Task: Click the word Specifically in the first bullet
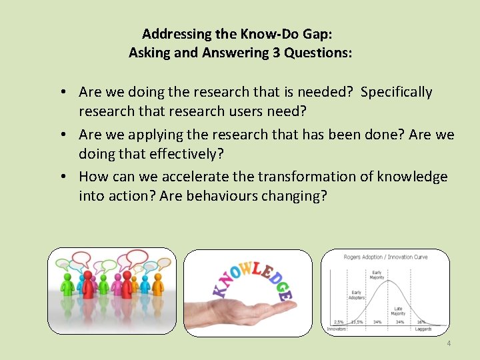click(x=396, y=92)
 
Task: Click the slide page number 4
click(x=449, y=343)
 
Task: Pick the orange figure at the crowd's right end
click(x=158, y=284)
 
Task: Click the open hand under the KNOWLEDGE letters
click(x=247, y=313)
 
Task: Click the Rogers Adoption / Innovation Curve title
click(x=385, y=257)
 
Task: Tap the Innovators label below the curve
click(x=336, y=329)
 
